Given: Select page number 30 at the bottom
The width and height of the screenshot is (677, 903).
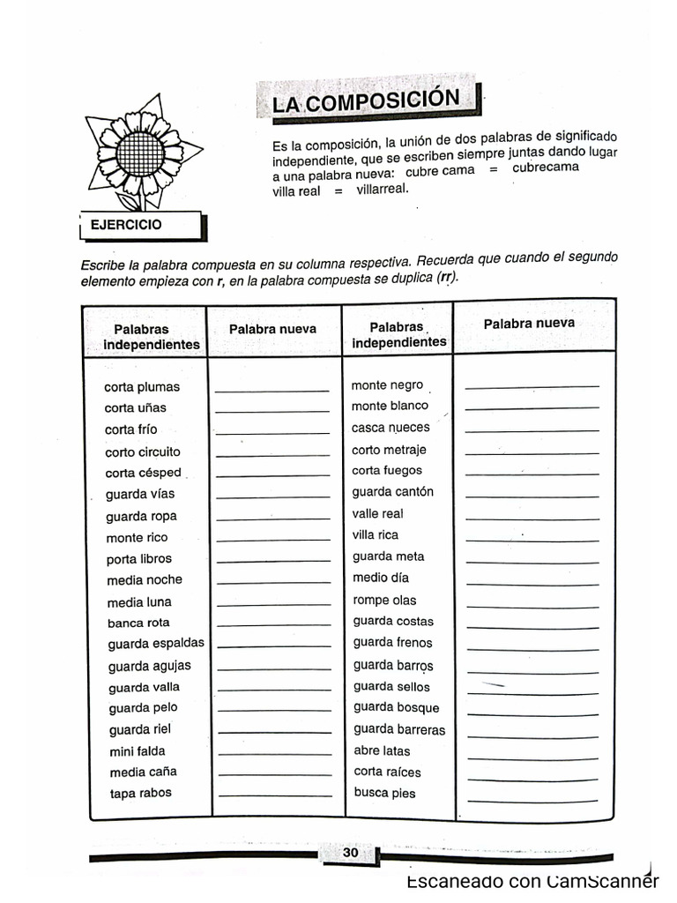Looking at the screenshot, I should [x=350, y=853].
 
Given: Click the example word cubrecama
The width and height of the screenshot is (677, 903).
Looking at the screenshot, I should [x=546, y=168].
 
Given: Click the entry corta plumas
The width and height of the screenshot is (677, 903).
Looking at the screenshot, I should [x=142, y=387].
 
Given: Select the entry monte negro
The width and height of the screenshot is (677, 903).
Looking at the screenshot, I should [x=387, y=385].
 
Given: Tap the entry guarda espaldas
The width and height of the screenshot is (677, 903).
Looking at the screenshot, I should [x=156, y=644].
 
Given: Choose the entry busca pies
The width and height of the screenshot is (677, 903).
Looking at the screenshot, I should [x=384, y=793].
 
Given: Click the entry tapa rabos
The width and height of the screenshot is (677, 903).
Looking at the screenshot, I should [x=141, y=794].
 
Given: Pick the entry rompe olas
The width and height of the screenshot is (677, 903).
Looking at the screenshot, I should [x=384, y=600].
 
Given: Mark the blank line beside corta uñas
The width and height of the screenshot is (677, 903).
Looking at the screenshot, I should [x=272, y=411].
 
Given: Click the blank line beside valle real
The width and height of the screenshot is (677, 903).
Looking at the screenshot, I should [x=532, y=517].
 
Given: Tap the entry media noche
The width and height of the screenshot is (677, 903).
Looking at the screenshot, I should [x=145, y=580].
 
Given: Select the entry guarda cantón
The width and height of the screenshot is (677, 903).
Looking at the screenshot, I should [x=393, y=492].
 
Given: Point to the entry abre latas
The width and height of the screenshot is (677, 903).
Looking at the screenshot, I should [x=382, y=750].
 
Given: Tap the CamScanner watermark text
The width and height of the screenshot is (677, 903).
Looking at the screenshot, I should [x=532, y=882].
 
